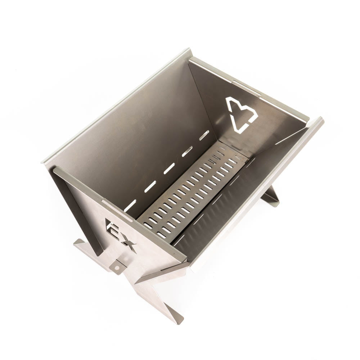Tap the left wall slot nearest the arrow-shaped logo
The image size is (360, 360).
pyautogui.click(x=204, y=135)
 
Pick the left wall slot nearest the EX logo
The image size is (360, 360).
pyautogui.click(x=130, y=205)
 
